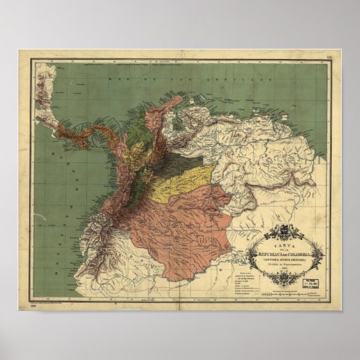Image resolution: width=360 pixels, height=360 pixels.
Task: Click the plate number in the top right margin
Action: [329, 58]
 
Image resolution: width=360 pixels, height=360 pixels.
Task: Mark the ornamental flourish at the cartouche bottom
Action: [285, 278]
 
